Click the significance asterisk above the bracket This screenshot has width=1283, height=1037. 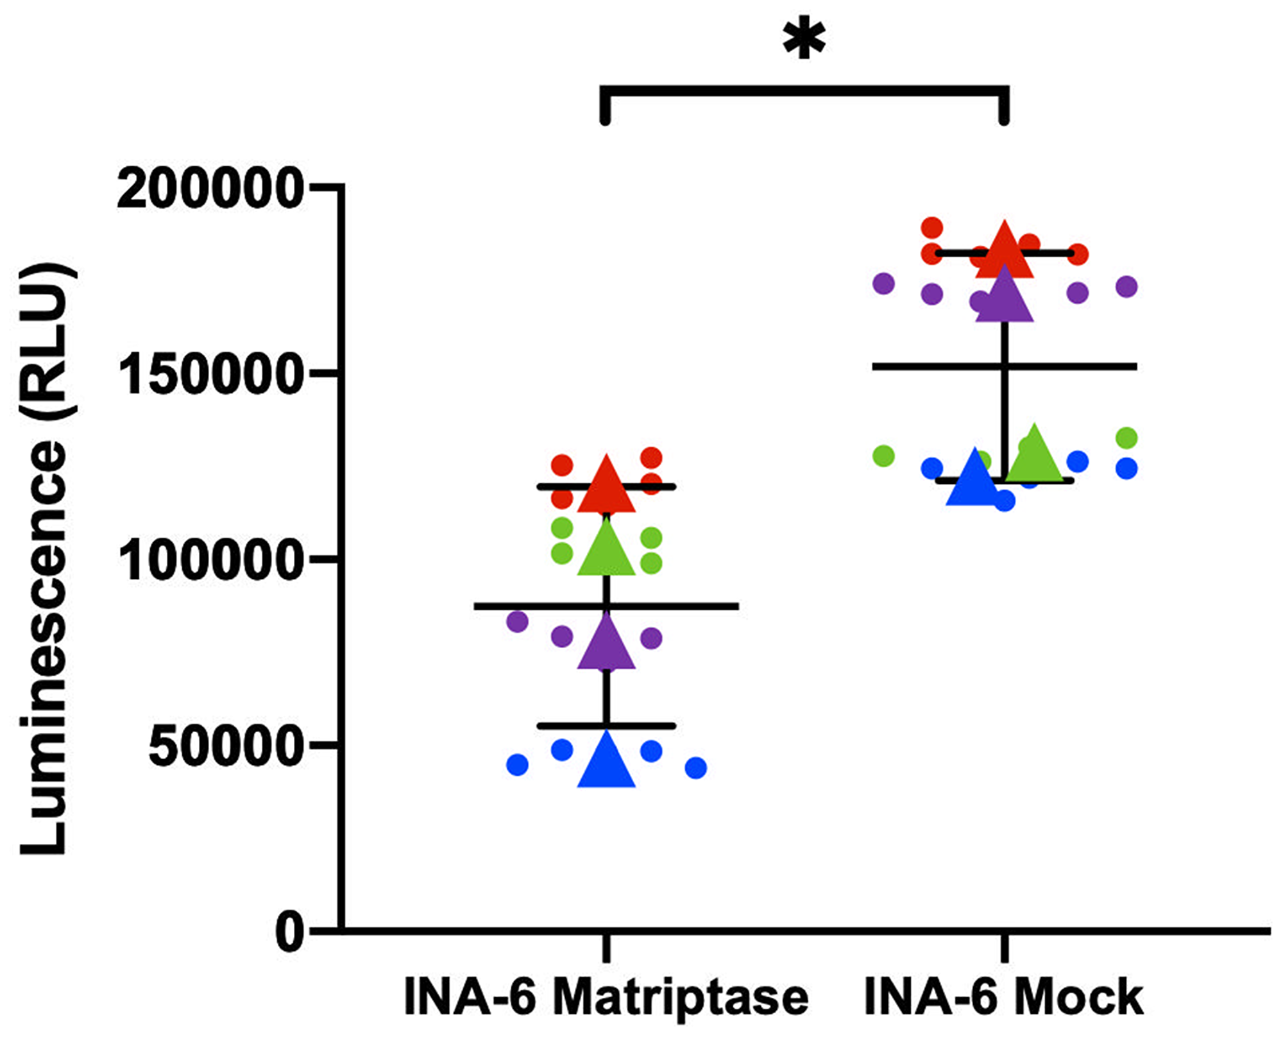click(x=804, y=40)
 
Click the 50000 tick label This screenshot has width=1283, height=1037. click(x=225, y=746)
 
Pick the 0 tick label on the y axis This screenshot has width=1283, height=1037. click(x=290, y=932)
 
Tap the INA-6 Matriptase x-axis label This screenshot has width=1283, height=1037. click(x=606, y=998)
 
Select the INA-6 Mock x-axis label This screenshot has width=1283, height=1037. click(x=1004, y=998)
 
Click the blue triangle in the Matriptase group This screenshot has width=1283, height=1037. click(x=606, y=764)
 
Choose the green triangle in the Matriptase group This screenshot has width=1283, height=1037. click(x=606, y=551)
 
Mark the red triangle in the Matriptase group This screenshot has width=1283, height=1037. click(x=606, y=488)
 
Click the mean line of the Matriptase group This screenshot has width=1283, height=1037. click(x=674, y=606)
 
